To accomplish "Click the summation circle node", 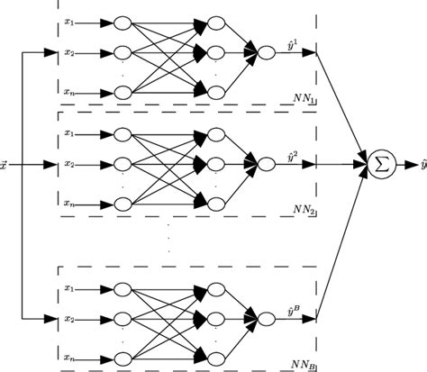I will (380, 165).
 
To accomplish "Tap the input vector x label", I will (6, 166).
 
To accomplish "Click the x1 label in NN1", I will (69, 21).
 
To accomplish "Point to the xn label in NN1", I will (69, 92).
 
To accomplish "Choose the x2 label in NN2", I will (69, 165).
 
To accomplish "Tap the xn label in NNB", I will (69, 355).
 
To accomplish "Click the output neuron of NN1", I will (266, 53).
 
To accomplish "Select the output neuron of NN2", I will (266, 165).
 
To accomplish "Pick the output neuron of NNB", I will (266, 318).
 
